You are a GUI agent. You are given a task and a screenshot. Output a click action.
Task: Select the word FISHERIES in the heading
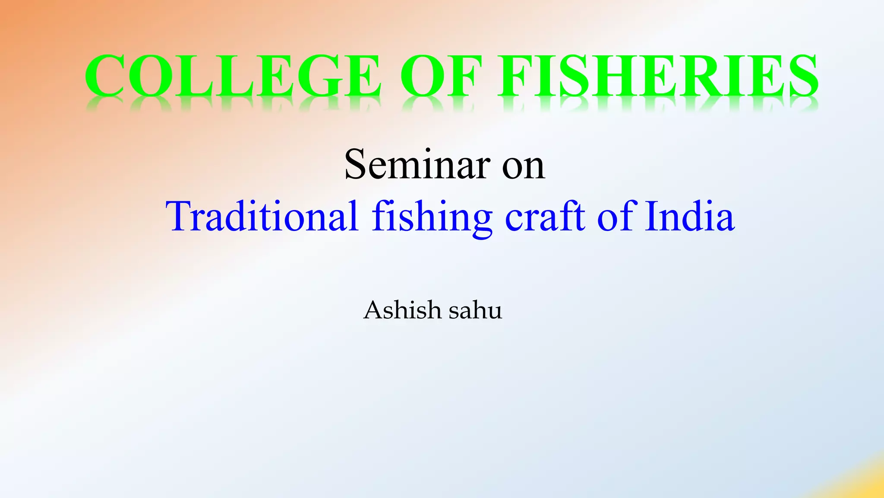point(658,76)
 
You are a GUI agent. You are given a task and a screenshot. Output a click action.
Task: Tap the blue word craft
point(545,216)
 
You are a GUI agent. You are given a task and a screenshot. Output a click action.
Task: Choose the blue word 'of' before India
point(615,216)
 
